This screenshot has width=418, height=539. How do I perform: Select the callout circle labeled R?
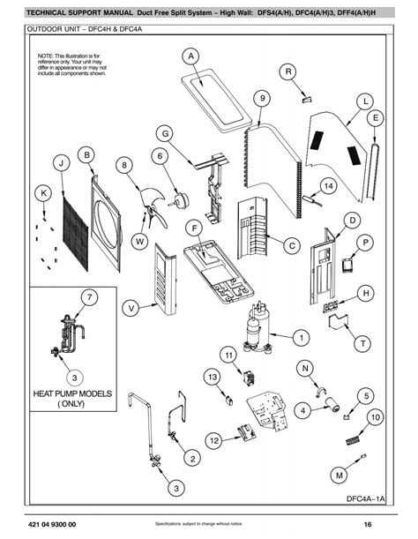[x=290, y=71]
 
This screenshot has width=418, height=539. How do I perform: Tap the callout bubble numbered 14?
[x=327, y=186]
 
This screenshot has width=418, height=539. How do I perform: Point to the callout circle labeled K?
[x=42, y=193]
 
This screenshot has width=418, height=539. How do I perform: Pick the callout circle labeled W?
[x=139, y=241]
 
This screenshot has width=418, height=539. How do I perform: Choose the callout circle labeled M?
[x=339, y=475]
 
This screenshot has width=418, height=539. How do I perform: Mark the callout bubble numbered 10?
[x=375, y=417]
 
